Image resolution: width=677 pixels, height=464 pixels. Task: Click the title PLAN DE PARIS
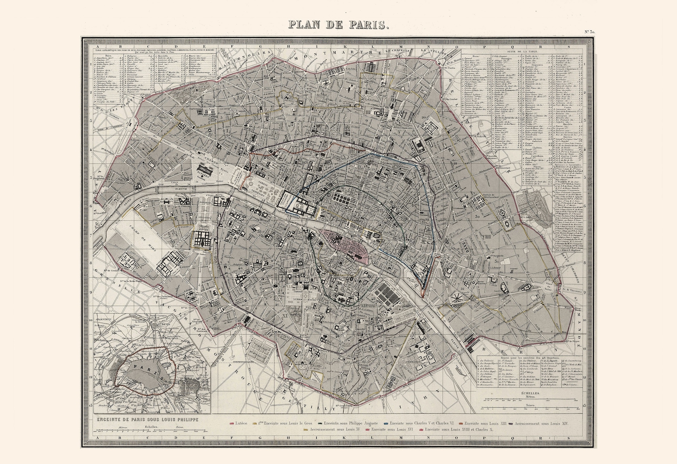tap(338, 24)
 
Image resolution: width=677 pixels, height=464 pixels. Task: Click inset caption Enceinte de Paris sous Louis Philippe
tap(148, 420)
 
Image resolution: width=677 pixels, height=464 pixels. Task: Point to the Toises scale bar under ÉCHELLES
tap(530, 407)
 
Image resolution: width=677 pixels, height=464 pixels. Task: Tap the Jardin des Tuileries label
tap(264, 188)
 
